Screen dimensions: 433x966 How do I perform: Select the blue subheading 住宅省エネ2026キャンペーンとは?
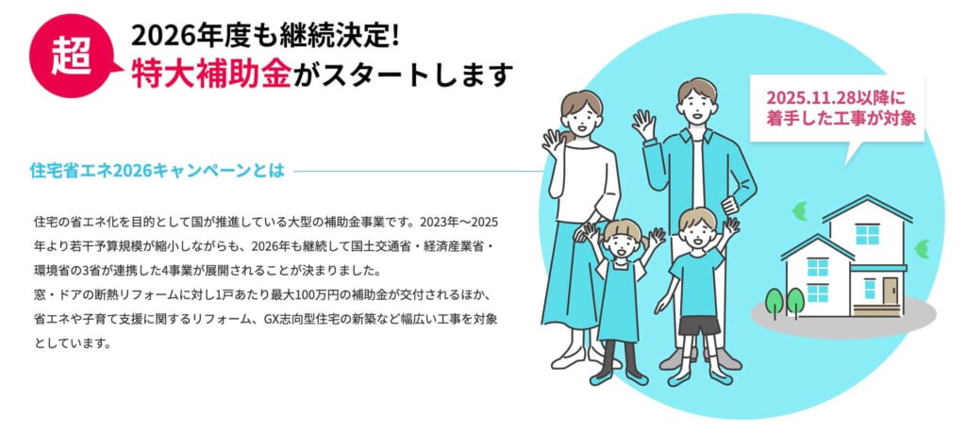pos(157,172)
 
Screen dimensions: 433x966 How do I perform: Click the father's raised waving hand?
pos(644,125)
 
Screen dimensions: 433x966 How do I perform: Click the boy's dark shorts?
pos(699,324)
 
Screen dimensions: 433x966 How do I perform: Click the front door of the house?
pos(869,287)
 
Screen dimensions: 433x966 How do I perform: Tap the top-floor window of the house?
pos(866,233)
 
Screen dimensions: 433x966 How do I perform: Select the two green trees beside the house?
pos(784,302)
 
